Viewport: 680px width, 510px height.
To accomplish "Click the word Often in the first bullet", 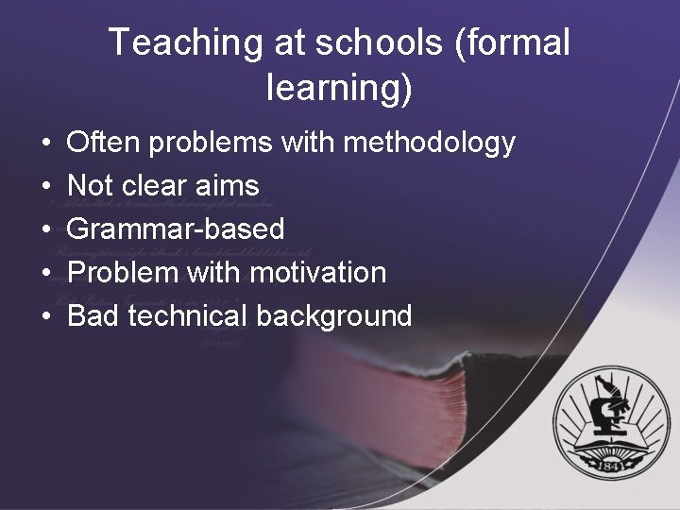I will (101, 143).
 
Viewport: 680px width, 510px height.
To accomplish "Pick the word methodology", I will (430, 143).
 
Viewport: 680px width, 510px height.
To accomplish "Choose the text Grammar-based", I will (176, 229).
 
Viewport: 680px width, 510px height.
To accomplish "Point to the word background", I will (334, 315).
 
